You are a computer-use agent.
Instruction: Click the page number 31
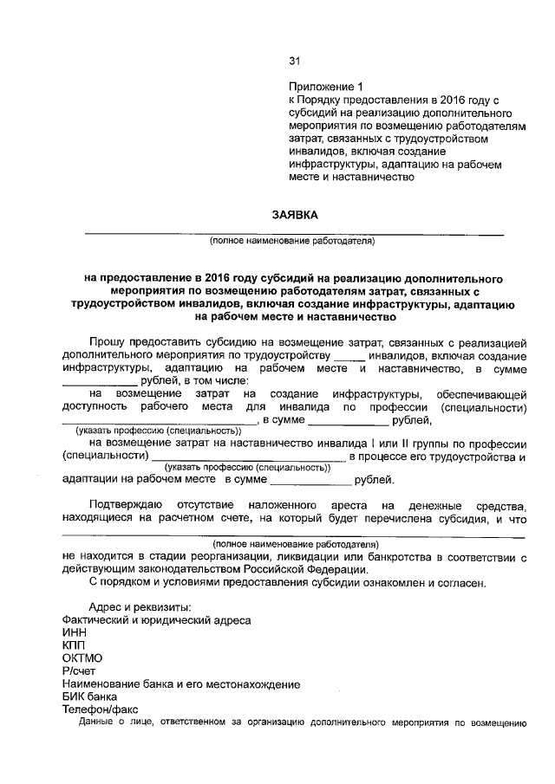pyautogui.click(x=293, y=61)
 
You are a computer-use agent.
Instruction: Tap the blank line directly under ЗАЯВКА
pyautogui.click(x=293, y=233)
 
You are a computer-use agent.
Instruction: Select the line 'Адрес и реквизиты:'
pyautogui.click(x=141, y=607)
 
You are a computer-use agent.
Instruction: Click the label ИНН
pyautogui.click(x=75, y=633)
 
